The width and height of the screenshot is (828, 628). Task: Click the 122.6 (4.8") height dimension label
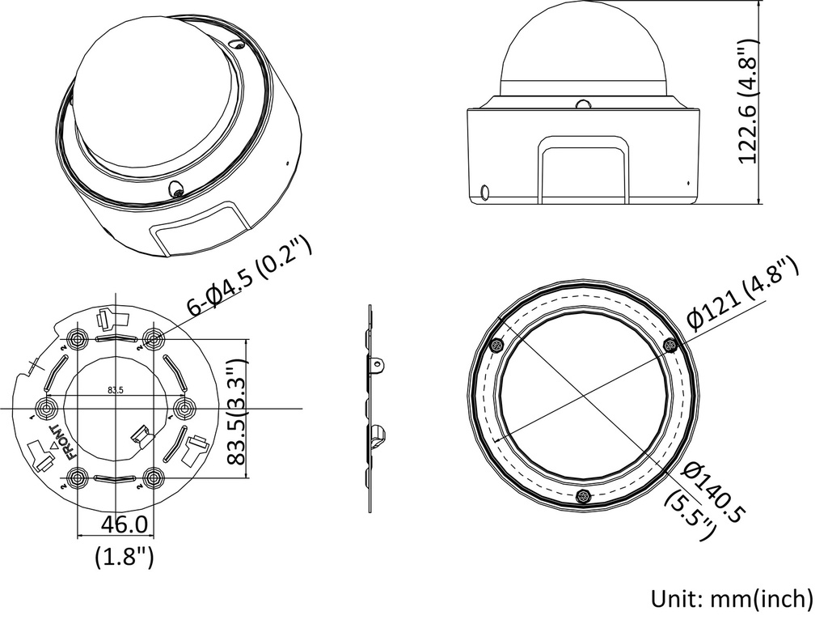[x=750, y=101]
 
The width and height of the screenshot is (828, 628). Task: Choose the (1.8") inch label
[x=124, y=556]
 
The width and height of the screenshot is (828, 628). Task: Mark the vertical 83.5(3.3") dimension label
[x=238, y=412]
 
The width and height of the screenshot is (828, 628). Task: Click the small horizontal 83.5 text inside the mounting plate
[x=115, y=390]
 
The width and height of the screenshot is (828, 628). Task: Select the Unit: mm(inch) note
[x=732, y=599]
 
